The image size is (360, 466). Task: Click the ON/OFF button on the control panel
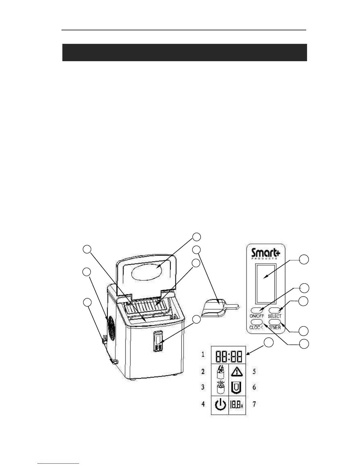pyautogui.click(x=257, y=310)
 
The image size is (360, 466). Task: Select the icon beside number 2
pyautogui.click(x=220, y=372)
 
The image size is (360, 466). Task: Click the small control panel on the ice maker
pyautogui.click(x=159, y=342)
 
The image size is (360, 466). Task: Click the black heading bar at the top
pyautogui.click(x=184, y=52)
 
